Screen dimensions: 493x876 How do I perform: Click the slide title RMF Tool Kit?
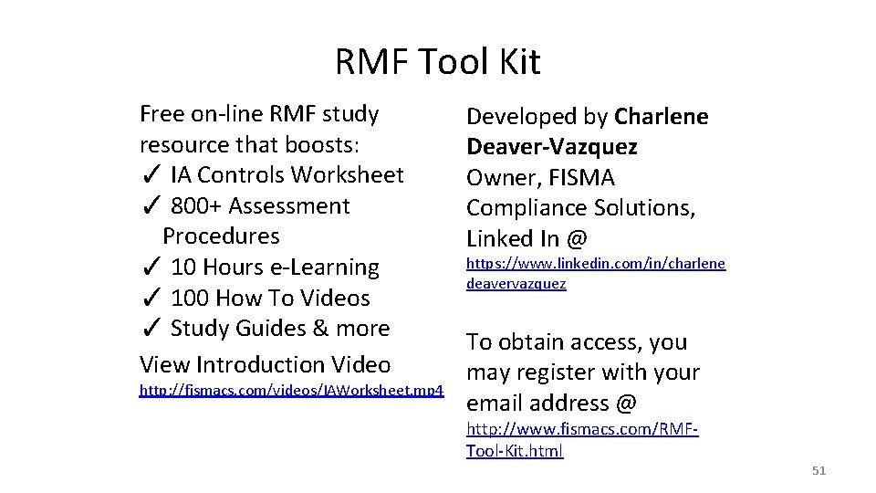click(x=438, y=62)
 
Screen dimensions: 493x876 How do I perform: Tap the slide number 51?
click(x=819, y=471)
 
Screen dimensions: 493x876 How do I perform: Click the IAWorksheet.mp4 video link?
click(x=291, y=391)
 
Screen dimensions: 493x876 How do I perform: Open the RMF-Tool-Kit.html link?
click(x=582, y=439)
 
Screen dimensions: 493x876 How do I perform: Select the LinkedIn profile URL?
click(x=596, y=273)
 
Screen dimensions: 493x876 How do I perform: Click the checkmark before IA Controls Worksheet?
click(x=152, y=175)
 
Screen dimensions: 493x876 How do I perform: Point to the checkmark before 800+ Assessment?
click(x=152, y=206)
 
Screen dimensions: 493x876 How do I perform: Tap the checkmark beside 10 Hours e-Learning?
click(x=152, y=268)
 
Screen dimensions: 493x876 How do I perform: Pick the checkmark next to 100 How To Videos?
click(x=152, y=299)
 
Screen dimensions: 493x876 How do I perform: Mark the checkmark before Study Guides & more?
click(x=152, y=329)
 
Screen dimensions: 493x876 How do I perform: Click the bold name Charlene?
click(x=662, y=117)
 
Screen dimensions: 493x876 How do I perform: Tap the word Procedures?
click(x=221, y=236)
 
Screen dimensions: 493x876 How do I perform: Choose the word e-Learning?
click(x=333, y=267)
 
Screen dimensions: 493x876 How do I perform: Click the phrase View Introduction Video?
click(x=265, y=365)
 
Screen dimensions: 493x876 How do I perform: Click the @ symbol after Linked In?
click(x=577, y=239)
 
